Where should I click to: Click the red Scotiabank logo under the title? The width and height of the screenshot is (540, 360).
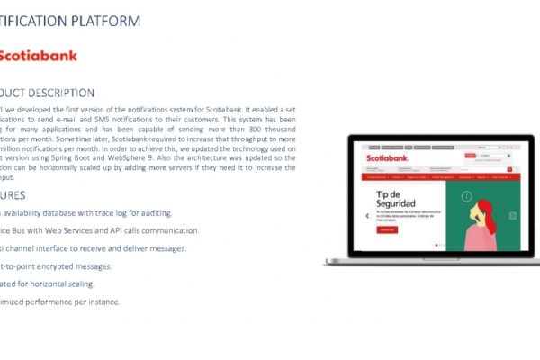coord(38,56)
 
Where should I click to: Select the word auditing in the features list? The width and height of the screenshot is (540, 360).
coord(152,213)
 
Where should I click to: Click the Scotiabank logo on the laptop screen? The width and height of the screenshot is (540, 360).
coord(388,158)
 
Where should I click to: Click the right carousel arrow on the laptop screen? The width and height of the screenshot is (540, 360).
coord(512,216)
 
